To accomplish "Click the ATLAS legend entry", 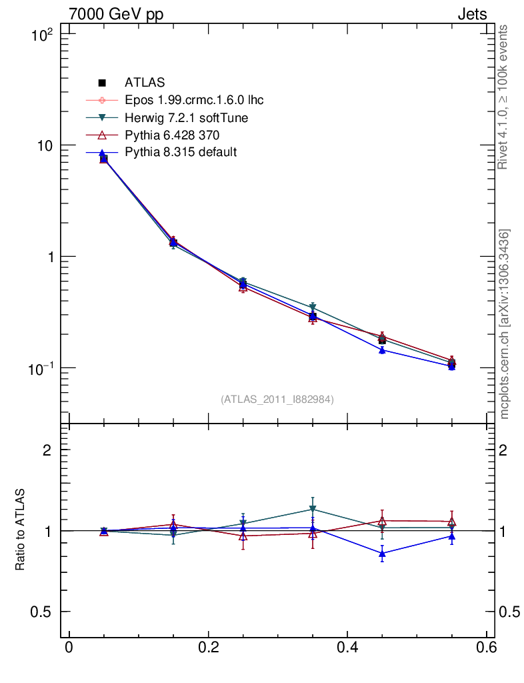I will (144, 83).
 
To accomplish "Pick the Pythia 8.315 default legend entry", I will (180, 152).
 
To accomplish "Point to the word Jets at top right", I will (471, 14).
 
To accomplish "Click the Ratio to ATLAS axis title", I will (21, 530).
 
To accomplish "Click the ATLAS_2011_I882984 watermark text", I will (277, 399).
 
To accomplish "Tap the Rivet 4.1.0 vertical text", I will (503, 97).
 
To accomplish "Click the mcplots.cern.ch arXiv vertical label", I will (505, 323).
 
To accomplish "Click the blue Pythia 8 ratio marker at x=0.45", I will (382, 553).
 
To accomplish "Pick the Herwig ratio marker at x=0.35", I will (313, 510).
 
